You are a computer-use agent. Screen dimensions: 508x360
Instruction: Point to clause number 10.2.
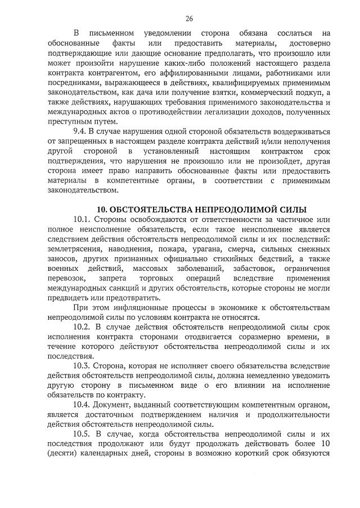[x=83, y=325]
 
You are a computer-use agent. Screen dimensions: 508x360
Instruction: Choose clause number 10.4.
[x=83, y=406]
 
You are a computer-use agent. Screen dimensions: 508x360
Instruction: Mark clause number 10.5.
[x=83, y=436]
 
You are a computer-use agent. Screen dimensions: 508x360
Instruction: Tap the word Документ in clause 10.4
[x=115, y=406]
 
